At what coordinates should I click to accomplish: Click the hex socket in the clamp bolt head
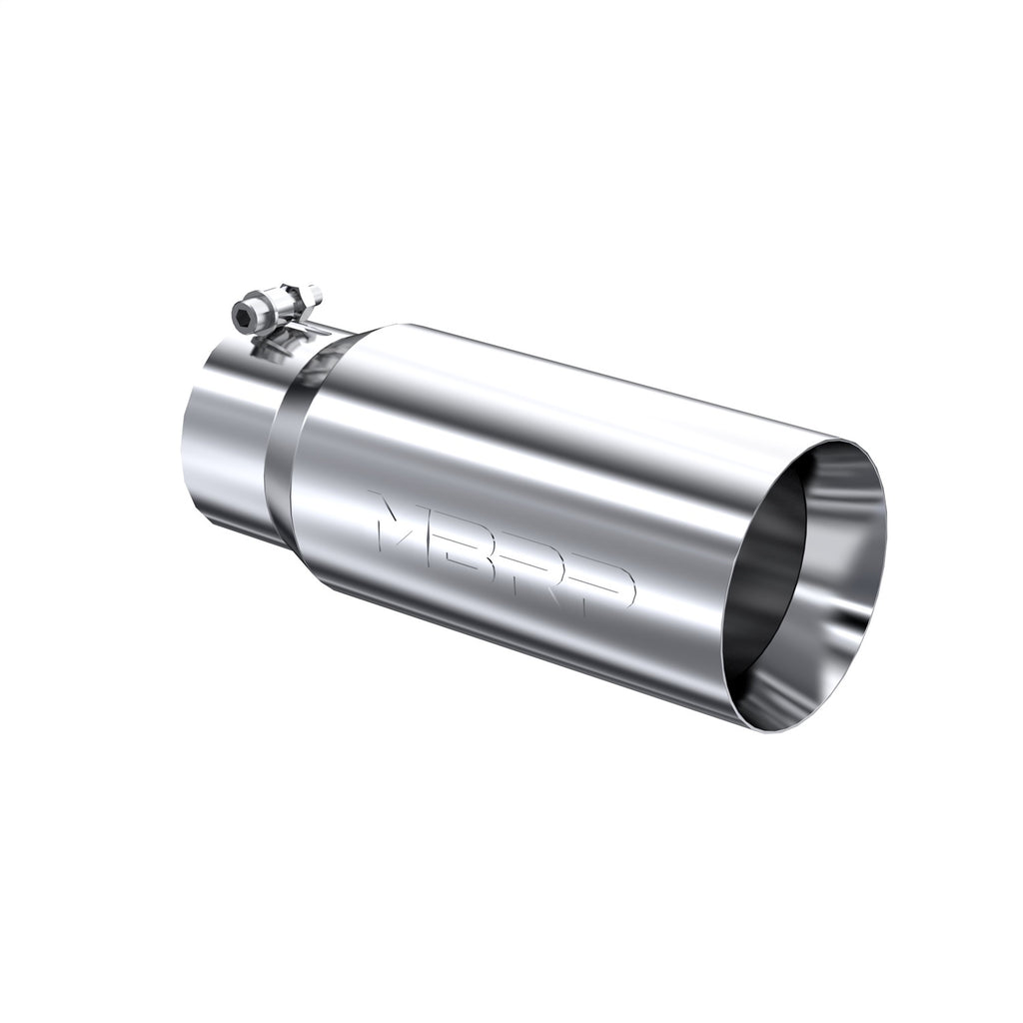tap(245, 319)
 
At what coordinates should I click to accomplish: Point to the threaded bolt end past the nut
tap(313, 293)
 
